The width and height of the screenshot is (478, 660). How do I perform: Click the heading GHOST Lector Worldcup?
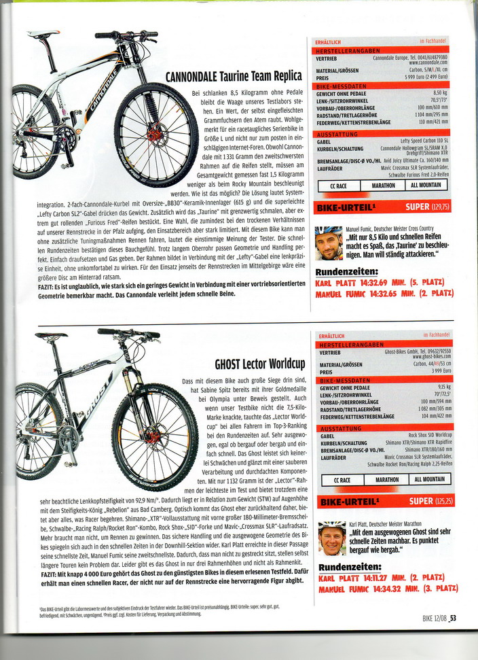coord(259,364)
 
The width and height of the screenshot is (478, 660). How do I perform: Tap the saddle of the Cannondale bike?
coord(43,33)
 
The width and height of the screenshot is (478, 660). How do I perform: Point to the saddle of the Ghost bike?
coord(52,335)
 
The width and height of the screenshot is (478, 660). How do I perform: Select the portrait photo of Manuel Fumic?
coord(329,243)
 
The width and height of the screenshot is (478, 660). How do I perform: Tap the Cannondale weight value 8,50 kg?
coord(440,92)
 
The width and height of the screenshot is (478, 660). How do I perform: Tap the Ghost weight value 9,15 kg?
coord(440,387)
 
